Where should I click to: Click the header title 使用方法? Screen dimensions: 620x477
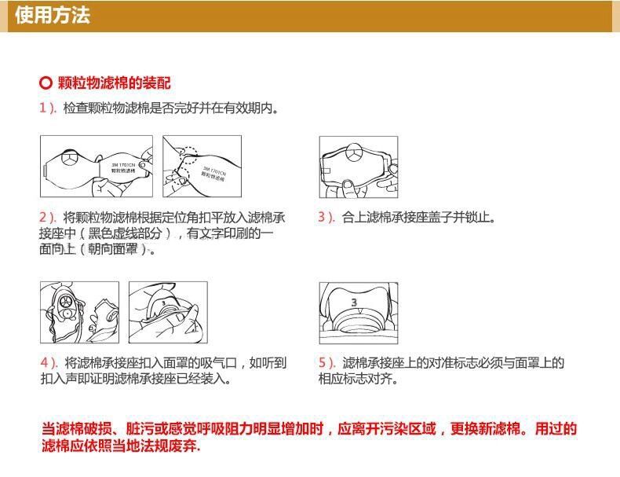point(53,16)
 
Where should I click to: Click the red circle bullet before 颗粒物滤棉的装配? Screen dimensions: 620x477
point(46,83)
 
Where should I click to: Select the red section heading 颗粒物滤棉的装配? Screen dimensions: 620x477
point(115,83)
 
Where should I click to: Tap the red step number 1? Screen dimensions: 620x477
point(43,108)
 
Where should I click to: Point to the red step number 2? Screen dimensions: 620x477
point(43,217)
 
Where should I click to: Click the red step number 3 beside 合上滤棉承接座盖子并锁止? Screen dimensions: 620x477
point(323,217)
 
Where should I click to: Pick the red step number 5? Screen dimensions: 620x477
point(323,362)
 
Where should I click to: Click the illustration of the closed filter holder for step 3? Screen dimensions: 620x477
point(359,167)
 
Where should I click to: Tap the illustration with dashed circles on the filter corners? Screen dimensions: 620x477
point(202,167)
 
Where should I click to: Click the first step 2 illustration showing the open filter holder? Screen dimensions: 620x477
point(97,167)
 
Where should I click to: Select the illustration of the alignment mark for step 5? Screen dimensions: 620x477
point(359,313)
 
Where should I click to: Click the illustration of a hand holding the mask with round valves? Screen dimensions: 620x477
point(79,312)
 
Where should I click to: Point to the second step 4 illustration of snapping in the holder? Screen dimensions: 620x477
point(168,312)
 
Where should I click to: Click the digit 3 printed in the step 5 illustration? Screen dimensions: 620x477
point(354,302)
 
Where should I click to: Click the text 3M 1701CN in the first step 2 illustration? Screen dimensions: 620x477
point(123,165)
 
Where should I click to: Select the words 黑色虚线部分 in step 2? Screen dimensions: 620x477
point(125,233)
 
